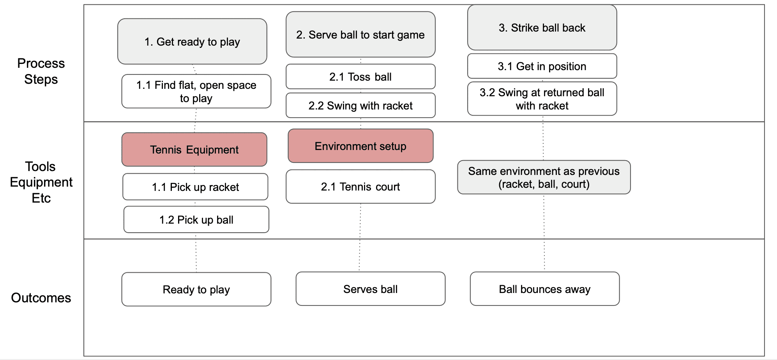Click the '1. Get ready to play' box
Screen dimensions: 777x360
192,41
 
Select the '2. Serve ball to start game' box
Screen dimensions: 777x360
360,34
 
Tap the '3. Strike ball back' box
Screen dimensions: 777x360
542,27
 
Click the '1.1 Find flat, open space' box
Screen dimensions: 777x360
196,91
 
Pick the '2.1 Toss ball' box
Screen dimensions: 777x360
360,76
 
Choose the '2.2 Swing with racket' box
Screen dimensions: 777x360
360,105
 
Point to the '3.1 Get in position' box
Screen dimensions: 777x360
542,66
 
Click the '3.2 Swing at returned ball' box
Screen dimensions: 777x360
542,99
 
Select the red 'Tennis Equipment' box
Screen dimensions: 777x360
194,150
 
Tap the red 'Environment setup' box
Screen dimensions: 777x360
360,146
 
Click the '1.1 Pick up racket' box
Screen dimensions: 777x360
195,187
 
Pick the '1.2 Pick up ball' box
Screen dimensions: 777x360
196,219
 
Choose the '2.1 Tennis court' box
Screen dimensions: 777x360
360,186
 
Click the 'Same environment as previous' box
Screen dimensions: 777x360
544,177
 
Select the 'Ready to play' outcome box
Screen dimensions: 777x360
196,289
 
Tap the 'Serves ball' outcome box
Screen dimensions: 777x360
371,289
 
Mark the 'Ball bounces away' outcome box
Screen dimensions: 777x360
545,289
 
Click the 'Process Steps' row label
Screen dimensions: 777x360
41,71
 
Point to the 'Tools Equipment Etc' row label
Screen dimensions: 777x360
41,182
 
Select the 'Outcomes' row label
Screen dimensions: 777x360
41,298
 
